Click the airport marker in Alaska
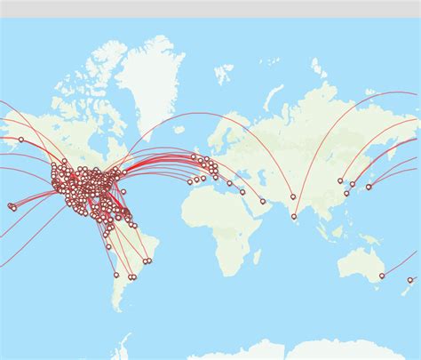21,140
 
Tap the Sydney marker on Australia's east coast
382,276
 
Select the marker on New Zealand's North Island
410,280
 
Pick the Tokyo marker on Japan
369,187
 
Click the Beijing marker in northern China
340,181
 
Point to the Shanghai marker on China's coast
346,193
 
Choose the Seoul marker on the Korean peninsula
353,185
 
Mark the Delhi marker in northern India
293,196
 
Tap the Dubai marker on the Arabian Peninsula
263,201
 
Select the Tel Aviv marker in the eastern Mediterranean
242,192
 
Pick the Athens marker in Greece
229,184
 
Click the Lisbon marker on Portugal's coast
190,182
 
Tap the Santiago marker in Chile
115,276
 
